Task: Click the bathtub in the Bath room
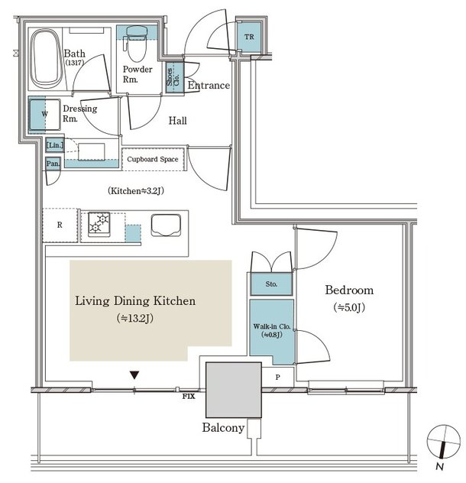46,59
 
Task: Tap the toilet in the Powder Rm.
136,43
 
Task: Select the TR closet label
249,37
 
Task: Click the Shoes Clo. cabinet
174,77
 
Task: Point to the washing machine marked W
44,115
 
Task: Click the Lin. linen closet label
55,144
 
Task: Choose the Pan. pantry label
53,164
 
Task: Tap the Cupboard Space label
153,159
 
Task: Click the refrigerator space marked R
60,225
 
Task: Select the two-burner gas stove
99,224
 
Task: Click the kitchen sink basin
166,225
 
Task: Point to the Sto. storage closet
271,284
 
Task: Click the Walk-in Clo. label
272,326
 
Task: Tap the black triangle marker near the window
134,375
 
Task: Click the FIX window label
189,397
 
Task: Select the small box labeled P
278,377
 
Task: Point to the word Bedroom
349,290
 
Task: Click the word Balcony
223,428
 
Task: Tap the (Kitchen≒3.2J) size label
136,191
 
